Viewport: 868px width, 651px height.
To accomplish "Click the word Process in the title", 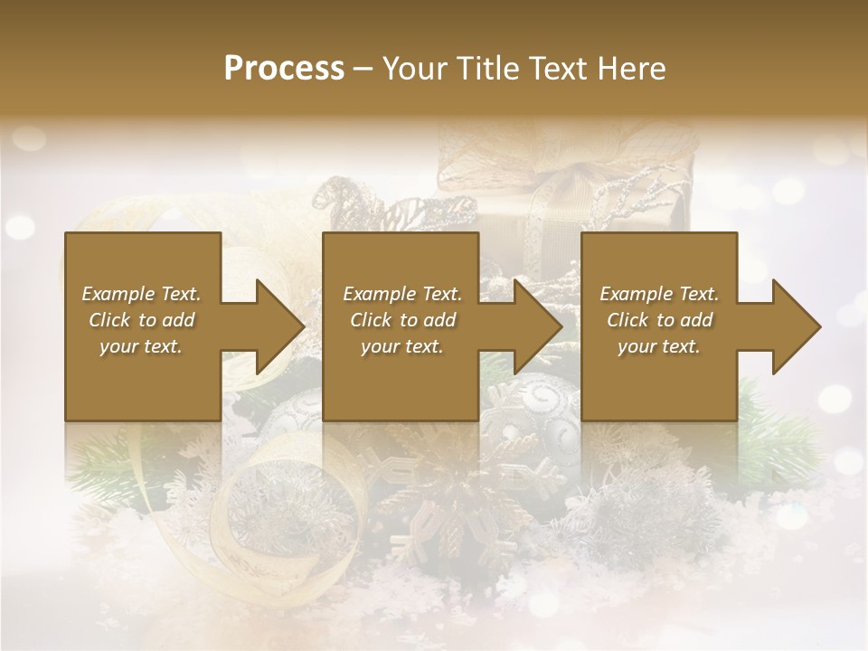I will click(x=284, y=69).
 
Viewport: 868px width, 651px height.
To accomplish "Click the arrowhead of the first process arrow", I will click(x=279, y=326).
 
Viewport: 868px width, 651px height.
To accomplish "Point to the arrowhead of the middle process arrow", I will click(x=538, y=326).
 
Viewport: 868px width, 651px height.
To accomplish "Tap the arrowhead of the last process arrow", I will click(x=797, y=326).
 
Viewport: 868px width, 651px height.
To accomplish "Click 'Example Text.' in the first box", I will click(x=141, y=294).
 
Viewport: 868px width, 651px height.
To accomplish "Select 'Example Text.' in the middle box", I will click(x=402, y=294).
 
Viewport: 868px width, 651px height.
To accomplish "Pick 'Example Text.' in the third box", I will click(x=659, y=294).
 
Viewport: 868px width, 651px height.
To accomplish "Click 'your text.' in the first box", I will click(x=141, y=346).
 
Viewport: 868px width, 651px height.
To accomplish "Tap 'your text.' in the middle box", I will click(x=402, y=346).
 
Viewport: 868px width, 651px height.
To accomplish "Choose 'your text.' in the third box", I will click(x=659, y=346).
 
